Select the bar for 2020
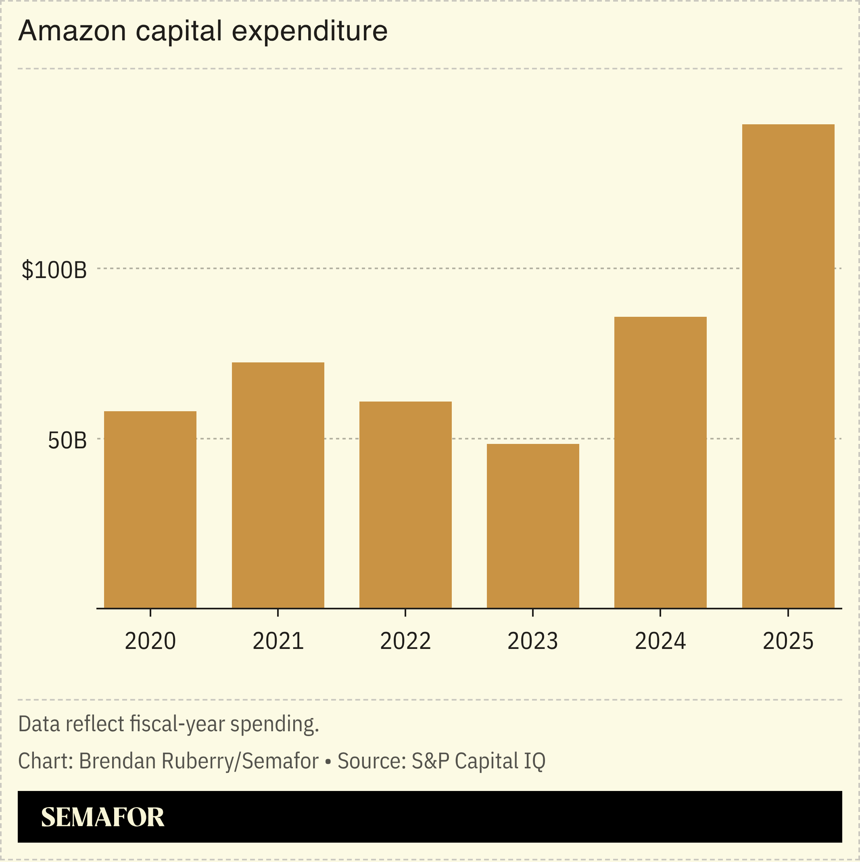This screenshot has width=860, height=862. [x=150, y=510]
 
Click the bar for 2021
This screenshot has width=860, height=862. [x=278, y=485]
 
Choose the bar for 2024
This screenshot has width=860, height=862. [x=660, y=462]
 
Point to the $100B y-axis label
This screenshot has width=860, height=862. [x=54, y=270]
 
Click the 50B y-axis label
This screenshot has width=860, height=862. [x=67, y=441]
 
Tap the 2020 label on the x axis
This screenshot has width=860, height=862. [x=150, y=642]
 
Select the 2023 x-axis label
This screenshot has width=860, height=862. [x=532, y=642]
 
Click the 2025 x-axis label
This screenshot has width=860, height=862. [x=788, y=642]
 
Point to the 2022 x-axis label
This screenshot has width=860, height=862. [x=405, y=642]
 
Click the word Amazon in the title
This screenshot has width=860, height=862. [x=72, y=31]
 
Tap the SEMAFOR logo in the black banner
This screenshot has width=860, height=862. [x=102, y=817]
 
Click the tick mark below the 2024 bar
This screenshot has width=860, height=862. [x=660, y=612]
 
